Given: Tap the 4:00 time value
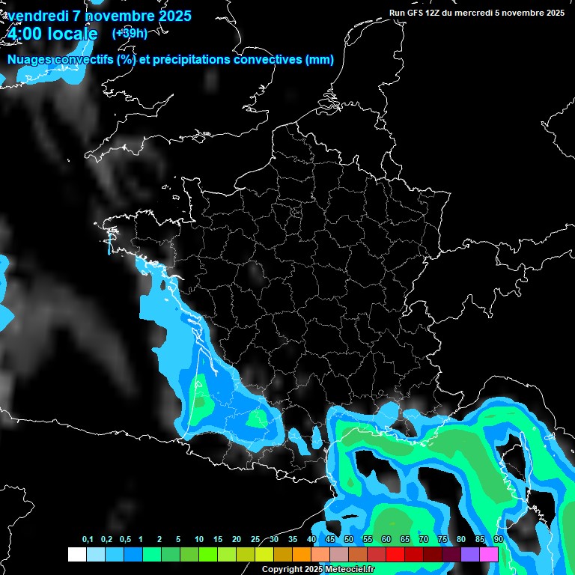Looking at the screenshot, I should [x=25, y=34].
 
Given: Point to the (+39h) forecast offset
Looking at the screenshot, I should [x=130, y=33].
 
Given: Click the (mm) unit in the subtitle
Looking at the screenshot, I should [x=320, y=60].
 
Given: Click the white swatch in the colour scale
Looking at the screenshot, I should [x=76, y=554].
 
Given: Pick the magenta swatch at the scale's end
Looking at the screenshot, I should [x=489, y=554].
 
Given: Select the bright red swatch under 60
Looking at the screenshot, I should [x=395, y=554].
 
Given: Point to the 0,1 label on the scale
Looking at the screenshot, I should [x=88, y=540].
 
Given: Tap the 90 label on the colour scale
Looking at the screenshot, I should [x=498, y=540].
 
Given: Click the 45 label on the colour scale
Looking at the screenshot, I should [x=330, y=540].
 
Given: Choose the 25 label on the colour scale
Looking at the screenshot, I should [x=255, y=540].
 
